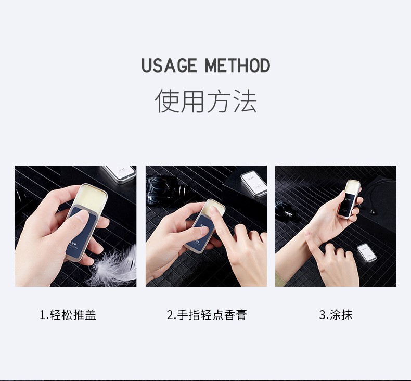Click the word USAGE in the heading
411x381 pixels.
coord(170,66)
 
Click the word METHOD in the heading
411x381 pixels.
coord(237,66)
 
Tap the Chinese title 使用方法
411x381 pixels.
coord(205,101)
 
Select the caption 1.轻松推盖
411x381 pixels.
coord(68,315)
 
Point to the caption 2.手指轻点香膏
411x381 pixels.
coord(207,315)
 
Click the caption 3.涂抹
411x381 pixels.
coord(336,315)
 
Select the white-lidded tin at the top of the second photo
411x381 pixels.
coord(254,181)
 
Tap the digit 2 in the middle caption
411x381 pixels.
coord(170,315)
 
